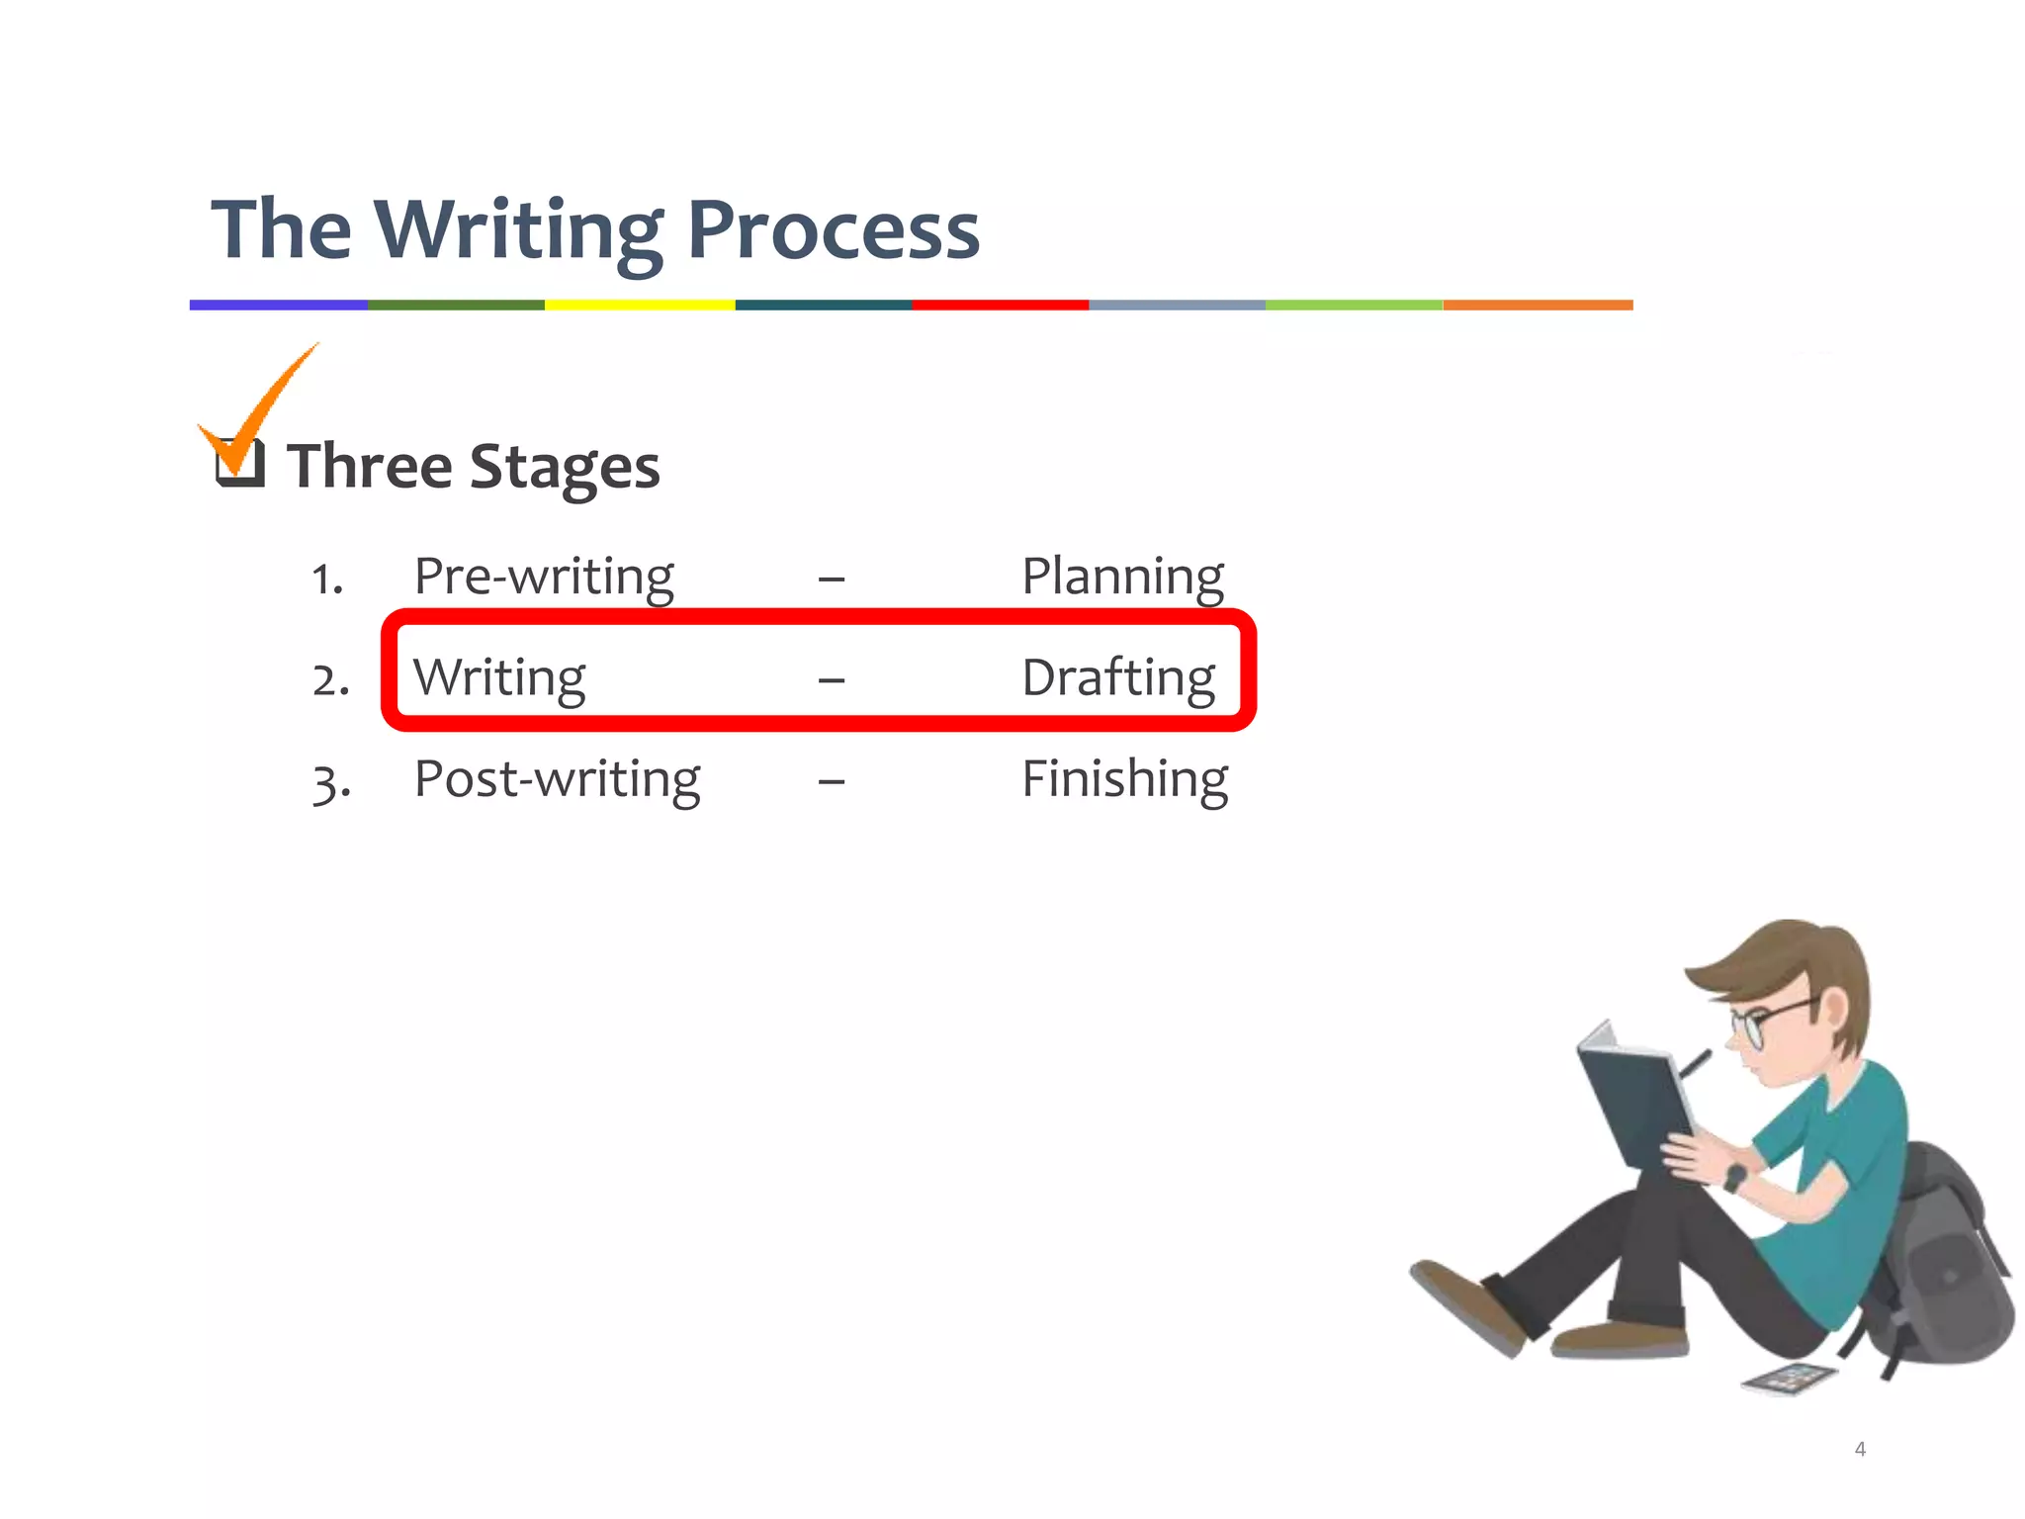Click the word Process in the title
(x=833, y=229)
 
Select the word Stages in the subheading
(x=564, y=467)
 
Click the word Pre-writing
(x=543, y=576)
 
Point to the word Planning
(x=1122, y=576)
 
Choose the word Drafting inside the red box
(x=1118, y=678)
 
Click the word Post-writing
(x=557, y=779)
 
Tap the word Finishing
(x=1124, y=779)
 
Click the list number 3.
(x=330, y=782)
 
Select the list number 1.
(x=326, y=579)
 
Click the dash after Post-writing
(x=832, y=781)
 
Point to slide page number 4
(x=1860, y=1449)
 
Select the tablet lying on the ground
(x=1789, y=1378)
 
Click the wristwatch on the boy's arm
(x=1735, y=1177)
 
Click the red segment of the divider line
(x=1000, y=305)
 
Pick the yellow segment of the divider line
(x=640, y=305)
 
